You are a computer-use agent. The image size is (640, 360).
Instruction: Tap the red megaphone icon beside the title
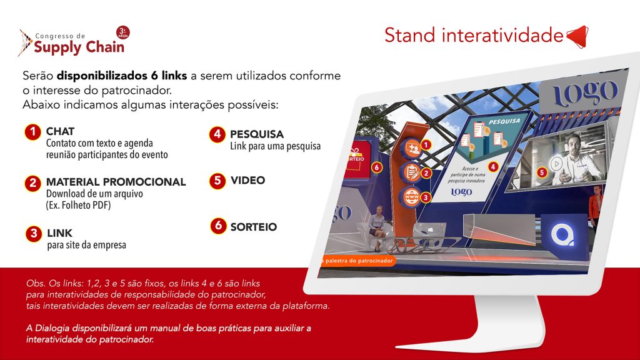coord(577,36)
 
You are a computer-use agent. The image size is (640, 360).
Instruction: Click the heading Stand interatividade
coord(473,36)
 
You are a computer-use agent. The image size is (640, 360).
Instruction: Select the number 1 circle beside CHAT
coord(32,132)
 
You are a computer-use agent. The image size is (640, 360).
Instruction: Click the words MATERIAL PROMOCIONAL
coord(116,182)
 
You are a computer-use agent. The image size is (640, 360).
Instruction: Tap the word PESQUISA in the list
coord(256,134)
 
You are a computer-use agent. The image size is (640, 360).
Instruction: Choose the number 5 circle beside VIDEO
coord(217,181)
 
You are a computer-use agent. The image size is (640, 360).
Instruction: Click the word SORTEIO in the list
coord(253,227)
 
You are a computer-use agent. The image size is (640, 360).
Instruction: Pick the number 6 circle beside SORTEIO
coord(218,226)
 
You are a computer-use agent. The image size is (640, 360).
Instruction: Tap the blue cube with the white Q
coord(564,236)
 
